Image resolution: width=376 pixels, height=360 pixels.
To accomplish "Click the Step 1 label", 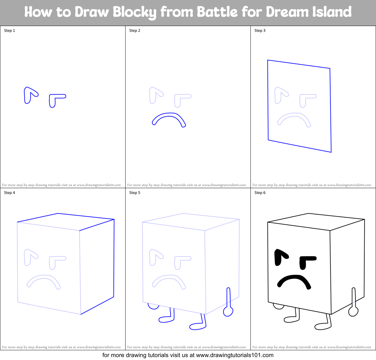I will coord(9,31).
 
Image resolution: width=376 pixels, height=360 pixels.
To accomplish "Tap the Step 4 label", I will coord(9,193).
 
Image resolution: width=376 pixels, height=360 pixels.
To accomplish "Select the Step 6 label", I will coord(260,193).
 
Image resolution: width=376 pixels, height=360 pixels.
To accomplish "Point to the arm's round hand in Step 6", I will coord(353,312).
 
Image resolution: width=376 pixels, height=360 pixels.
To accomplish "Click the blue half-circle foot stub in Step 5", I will coord(153,306).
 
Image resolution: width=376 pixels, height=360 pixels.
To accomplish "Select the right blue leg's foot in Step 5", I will coord(197,326).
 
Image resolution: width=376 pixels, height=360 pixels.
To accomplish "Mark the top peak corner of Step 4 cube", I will coord(58,213).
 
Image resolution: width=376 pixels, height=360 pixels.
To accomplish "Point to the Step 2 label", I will coord(135,31).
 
